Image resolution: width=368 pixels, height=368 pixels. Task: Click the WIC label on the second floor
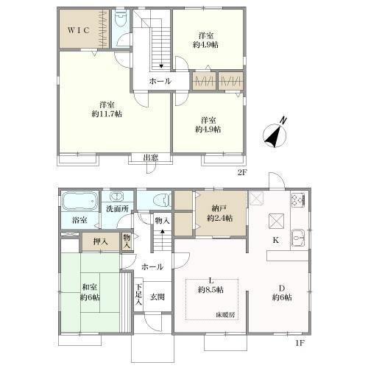[78, 30]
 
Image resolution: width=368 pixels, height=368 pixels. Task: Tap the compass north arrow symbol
[275, 135]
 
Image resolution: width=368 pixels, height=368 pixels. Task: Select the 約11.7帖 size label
[107, 114]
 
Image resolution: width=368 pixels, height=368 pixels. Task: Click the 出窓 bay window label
[151, 158]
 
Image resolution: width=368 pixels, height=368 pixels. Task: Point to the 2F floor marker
[241, 173]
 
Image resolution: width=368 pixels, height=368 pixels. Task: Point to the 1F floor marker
[300, 343]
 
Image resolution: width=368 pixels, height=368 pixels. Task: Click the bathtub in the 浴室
[79, 202]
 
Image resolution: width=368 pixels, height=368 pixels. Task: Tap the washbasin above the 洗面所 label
[117, 197]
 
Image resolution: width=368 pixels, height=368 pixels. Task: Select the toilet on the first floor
[162, 200]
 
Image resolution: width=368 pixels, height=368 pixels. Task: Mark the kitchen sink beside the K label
[297, 238]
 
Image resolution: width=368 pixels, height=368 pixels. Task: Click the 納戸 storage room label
[219, 208]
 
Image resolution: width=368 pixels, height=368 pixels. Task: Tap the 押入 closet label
[100, 242]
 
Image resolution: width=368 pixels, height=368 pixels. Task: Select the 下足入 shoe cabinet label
[139, 294]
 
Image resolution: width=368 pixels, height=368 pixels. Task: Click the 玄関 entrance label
[158, 297]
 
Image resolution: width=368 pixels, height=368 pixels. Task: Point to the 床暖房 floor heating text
[225, 315]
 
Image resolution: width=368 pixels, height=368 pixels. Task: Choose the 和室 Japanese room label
[90, 287]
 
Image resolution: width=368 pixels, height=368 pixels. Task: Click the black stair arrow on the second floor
[161, 65]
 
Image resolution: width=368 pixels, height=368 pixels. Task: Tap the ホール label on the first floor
[152, 267]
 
